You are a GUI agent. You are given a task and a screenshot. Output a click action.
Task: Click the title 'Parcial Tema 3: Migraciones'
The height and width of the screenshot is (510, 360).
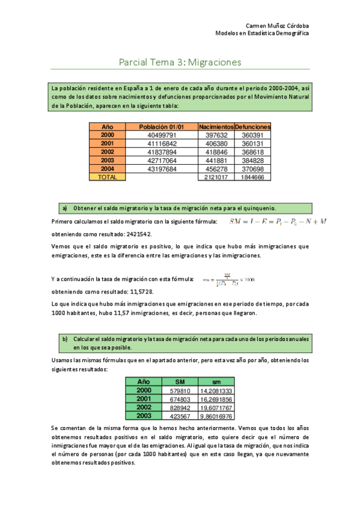pos(180,61)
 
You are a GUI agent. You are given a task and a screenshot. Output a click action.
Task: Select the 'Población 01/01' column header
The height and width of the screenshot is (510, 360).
pos(161,127)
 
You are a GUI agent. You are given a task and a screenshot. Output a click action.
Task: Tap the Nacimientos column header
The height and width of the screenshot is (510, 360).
pos(216,127)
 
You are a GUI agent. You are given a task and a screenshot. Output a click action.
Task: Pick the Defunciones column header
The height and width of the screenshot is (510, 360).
pos(253,127)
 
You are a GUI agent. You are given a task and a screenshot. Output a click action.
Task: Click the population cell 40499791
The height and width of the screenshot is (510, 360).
pos(161,135)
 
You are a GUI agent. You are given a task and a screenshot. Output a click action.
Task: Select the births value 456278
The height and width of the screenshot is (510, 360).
pos(216,169)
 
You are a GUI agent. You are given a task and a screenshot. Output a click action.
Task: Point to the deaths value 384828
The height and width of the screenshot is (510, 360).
pos(253,161)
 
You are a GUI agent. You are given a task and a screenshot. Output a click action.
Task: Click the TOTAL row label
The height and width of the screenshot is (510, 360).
pos(108,177)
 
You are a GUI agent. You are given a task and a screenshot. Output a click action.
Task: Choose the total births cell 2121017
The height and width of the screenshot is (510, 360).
pos(216,177)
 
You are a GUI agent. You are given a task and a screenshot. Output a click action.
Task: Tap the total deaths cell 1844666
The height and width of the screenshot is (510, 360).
pos(253,177)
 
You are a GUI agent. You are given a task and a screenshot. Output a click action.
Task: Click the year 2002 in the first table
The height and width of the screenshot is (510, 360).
pos(108,152)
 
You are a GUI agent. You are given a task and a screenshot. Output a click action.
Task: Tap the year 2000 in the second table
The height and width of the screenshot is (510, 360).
pos(144,390)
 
